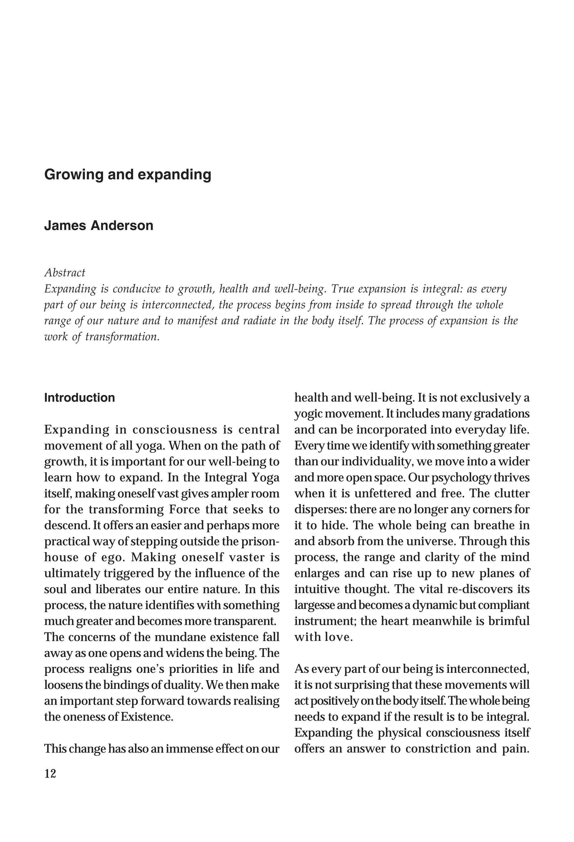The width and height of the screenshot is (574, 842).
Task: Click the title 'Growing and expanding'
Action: point(128,175)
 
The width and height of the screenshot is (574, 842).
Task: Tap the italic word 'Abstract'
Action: point(64,272)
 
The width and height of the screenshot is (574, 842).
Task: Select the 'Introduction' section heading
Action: point(79,397)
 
